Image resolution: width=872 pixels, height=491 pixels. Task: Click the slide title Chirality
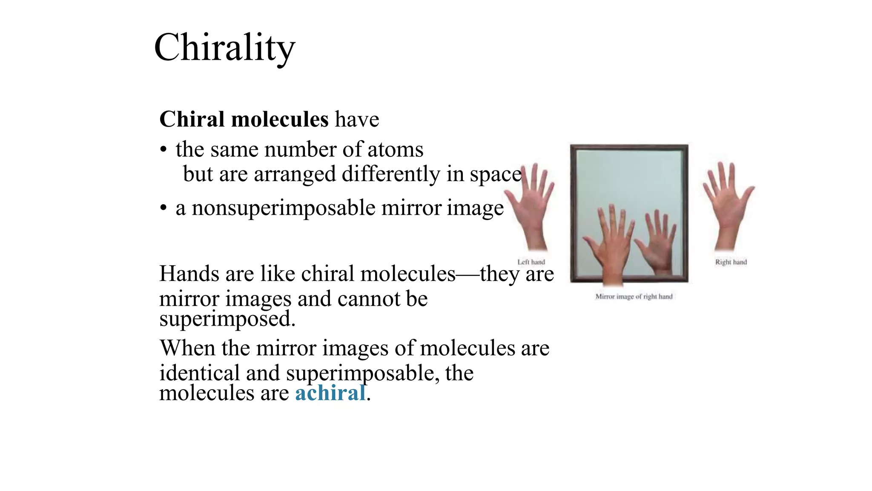pyautogui.click(x=224, y=48)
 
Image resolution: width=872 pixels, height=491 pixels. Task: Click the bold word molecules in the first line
pyautogui.click(x=280, y=119)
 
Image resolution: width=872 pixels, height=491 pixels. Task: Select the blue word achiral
pyautogui.click(x=330, y=393)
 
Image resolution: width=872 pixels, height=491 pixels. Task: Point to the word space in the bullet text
pyautogui.click(x=495, y=174)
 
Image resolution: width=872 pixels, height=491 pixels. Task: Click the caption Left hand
pyautogui.click(x=531, y=262)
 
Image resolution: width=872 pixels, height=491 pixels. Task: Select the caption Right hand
pyautogui.click(x=731, y=262)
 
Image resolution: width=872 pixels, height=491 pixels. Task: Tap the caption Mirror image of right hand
pyautogui.click(x=634, y=297)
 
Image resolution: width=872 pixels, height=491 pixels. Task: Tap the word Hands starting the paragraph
pyautogui.click(x=189, y=274)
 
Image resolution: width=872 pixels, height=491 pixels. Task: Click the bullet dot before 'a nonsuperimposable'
pyautogui.click(x=163, y=208)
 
